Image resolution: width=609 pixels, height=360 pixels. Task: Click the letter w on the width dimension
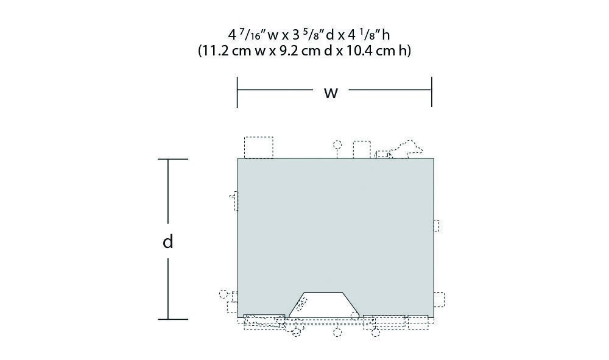click(331, 93)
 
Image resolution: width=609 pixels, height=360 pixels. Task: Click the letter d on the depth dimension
click(168, 241)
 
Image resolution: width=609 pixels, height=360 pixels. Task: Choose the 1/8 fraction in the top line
click(368, 35)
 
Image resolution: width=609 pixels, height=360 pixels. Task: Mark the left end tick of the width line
click(238, 91)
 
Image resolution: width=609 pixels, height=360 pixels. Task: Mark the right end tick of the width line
click(432, 91)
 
